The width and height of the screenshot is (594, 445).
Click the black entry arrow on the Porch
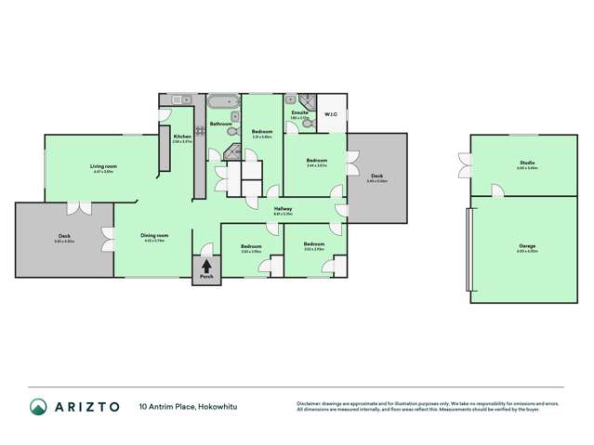(206, 265)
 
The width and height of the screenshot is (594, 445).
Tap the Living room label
(104, 166)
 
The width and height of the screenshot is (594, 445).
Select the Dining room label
(153, 235)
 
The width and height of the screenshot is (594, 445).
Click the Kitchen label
(181, 137)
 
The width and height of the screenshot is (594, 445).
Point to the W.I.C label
(331, 115)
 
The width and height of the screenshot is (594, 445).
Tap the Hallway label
(284, 208)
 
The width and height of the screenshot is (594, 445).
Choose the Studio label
(527, 164)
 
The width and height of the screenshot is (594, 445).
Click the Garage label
(527, 245)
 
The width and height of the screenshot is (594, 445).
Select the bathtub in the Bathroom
(223, 101)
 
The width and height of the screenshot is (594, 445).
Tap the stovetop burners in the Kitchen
(198, 131)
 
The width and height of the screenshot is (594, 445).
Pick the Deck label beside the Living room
(64, 237)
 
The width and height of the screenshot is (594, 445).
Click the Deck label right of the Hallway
(376, 177)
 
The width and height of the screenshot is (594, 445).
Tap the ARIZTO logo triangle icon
(38, 407)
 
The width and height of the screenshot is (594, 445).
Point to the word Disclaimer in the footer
(309, 402)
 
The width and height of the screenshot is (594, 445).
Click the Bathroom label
(220, 124)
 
